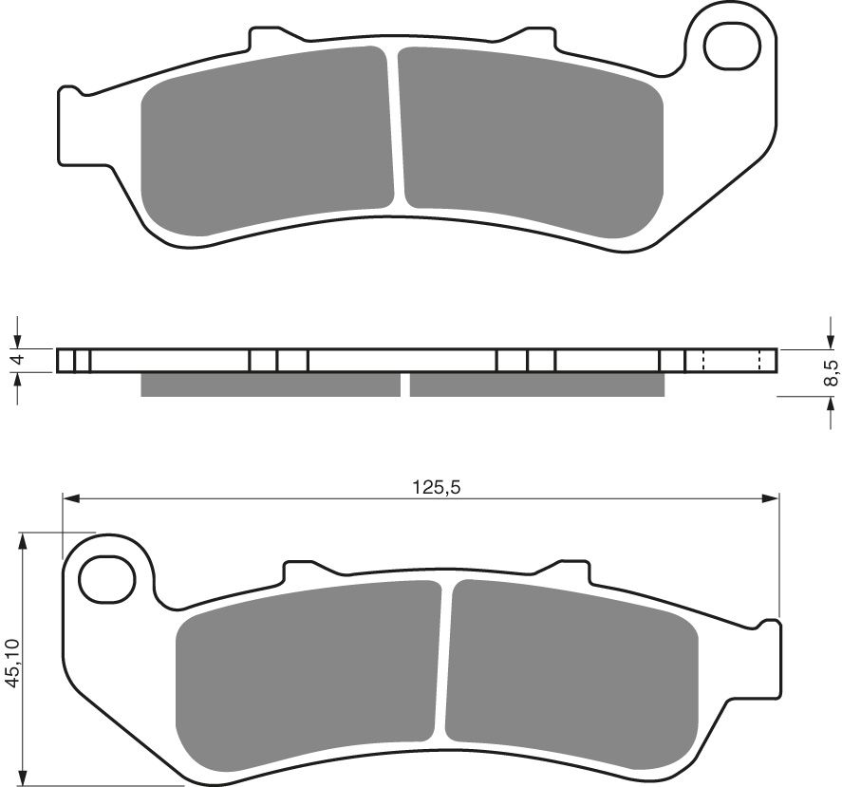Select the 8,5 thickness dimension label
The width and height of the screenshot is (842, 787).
[831, 372]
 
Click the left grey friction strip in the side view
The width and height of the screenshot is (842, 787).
[270, 384]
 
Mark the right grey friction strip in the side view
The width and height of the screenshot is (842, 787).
[536, 384]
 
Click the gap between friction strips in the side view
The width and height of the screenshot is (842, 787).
[404, 384]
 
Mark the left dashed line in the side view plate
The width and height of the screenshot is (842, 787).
[702, 361]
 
